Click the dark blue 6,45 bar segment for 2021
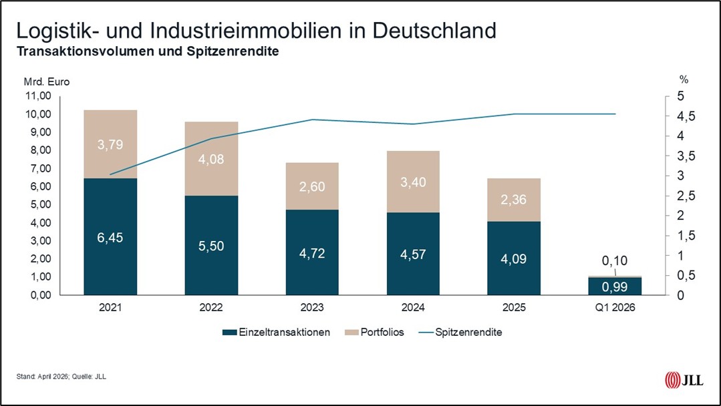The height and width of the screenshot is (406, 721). [110, 236]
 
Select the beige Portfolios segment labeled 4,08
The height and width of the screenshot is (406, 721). [211, 159]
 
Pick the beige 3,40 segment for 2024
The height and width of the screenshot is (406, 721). [413, 182]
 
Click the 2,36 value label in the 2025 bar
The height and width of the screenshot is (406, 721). [514, 200]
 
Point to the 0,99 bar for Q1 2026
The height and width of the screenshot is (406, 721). [615, 286]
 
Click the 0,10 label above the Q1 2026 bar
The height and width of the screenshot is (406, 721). [615, 261]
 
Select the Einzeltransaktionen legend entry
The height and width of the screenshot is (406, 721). [277, 333]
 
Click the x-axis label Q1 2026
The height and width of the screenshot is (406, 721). [615, 308]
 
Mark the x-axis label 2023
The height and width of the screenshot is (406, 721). [312, 308]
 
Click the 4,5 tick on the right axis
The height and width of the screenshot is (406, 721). [680, 116]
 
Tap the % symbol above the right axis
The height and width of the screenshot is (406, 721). [683, 79]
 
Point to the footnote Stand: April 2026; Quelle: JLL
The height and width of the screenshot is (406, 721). [61, 377]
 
